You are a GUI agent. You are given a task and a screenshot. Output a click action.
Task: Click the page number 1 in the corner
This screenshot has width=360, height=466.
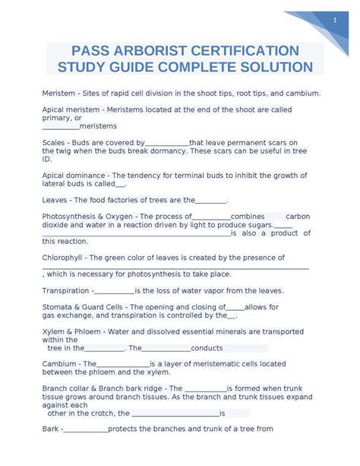pyautogui.click(x=334, y=21)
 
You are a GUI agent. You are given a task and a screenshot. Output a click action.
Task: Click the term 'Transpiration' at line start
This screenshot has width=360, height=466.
pyautogui.click(x=66, y=290)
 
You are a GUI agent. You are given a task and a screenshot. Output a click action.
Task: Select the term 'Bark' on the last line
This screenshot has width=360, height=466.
pyautogui.click(x=50, y=429)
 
